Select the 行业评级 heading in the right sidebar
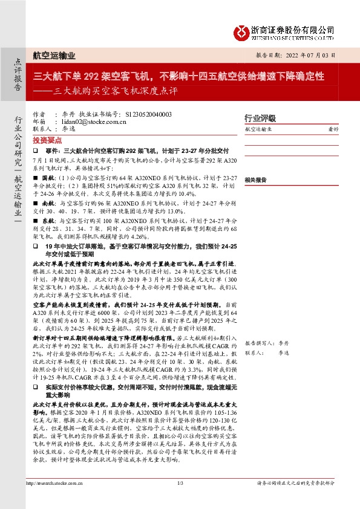(x=260, y=118)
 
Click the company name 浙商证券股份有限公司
(x=293, y=28)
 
